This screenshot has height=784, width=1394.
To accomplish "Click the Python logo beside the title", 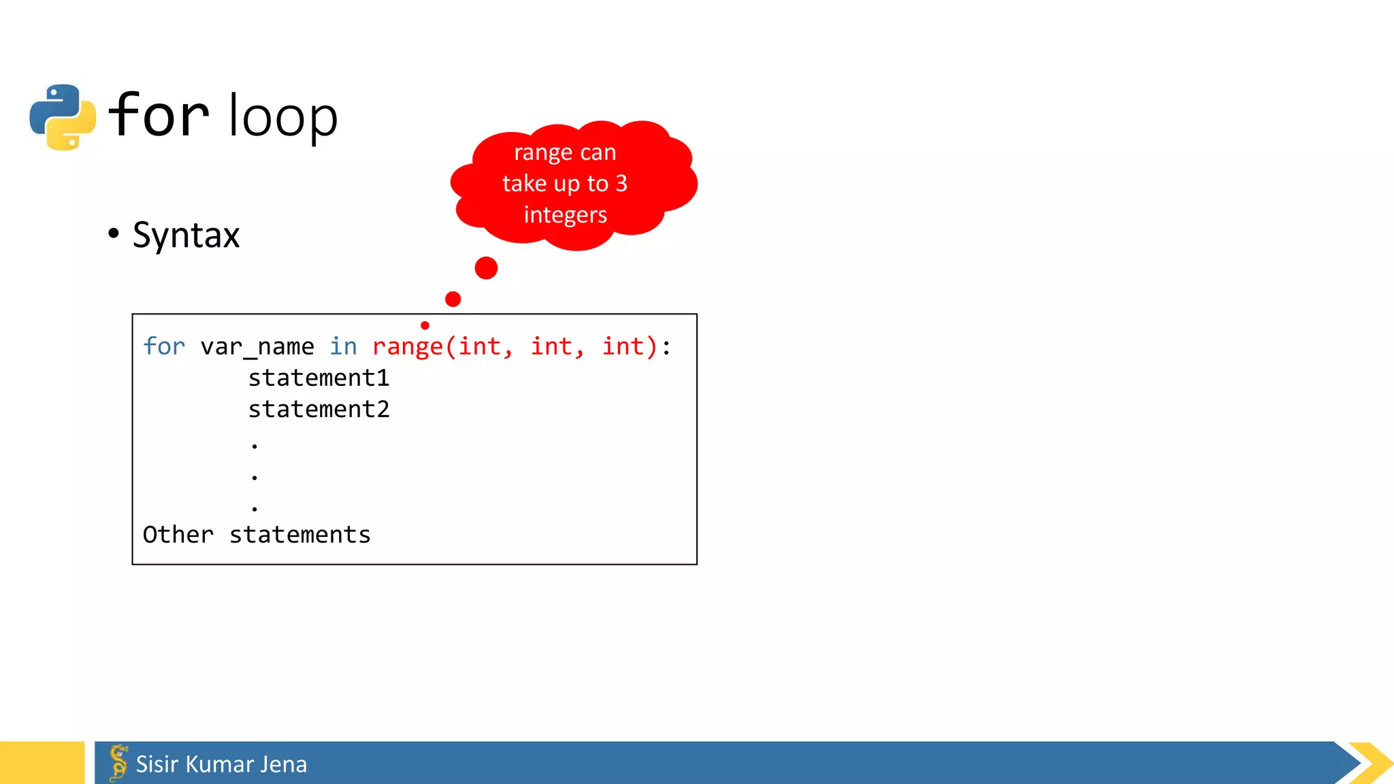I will (x=63, y=117).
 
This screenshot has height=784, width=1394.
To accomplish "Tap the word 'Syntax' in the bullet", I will (x=186, y=235).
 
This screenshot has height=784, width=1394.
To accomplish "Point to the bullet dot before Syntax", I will (x=114, y=233).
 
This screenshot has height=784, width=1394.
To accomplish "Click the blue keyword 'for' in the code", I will (x=164, y=346).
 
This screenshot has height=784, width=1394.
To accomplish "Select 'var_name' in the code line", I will (x=257, y=347).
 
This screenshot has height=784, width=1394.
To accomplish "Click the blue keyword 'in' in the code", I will (x=343, y=346).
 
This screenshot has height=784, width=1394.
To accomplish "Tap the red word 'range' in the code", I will (x=407, y=347).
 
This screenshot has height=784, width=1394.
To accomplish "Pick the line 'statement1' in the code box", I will (x=319, y=378).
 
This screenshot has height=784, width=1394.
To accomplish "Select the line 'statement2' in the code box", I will (x=319, y=409).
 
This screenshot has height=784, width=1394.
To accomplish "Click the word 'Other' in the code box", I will (x=178, y=535).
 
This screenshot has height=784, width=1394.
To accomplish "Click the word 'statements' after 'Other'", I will (x=299, y=535).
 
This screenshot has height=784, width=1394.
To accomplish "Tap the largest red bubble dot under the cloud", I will (x=486, y=267).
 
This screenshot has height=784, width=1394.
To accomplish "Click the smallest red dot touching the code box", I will (x=425, y=325).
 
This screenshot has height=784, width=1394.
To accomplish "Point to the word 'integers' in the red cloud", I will (x=565, y=215).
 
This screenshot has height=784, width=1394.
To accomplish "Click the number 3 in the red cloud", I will (x=621, y=183).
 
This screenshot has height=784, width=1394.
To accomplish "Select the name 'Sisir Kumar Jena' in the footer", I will (x=221, y=764).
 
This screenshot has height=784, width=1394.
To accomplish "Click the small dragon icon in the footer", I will (x=118, y=762).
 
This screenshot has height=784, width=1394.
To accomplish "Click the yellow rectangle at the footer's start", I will (x=42, y=763).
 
